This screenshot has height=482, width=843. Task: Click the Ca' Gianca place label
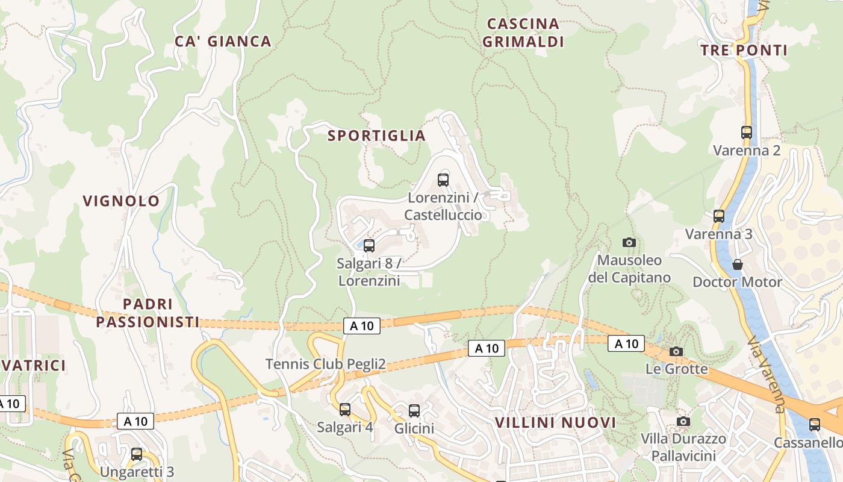pos(223,42)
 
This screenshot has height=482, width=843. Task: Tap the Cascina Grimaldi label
pos(523,33)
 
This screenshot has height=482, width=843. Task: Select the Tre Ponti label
pos(744,51)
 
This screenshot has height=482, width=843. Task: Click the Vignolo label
pos(121,201)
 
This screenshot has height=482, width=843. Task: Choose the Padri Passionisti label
pos(148,313)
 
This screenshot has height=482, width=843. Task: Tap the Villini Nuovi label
pos(555,423)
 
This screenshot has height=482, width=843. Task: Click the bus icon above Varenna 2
pos(747,133)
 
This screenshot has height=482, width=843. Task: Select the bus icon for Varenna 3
pos(719,216)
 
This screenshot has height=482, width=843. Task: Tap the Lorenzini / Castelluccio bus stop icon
pos(443,180)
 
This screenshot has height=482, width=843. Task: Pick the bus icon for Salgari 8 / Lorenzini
pos(369,246)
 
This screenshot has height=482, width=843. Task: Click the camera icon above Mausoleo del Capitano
pos(629,242)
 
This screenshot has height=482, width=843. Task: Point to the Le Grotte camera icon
pos(676,351)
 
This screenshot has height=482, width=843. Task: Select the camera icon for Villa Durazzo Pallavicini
pos(683,421)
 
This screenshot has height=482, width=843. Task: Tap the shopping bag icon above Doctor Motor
pos(737,264)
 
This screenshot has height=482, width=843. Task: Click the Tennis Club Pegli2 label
pos(325,365)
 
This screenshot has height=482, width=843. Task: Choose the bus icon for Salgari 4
pos(345,410)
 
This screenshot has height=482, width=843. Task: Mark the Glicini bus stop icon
pos(414,411)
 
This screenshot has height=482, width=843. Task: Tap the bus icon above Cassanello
pos(815,425)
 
